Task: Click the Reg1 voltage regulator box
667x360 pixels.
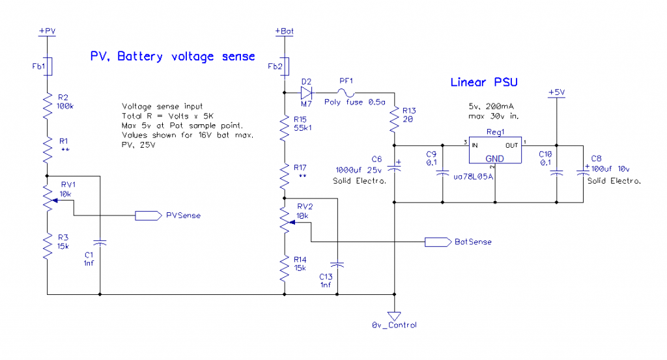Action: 495,151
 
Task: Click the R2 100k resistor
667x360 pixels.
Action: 48,104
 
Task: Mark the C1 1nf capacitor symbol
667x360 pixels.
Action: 100,242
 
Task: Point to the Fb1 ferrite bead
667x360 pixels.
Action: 48,66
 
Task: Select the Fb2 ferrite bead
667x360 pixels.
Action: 285,66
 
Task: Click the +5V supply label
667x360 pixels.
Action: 556,92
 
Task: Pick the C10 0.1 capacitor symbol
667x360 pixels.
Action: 556,173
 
